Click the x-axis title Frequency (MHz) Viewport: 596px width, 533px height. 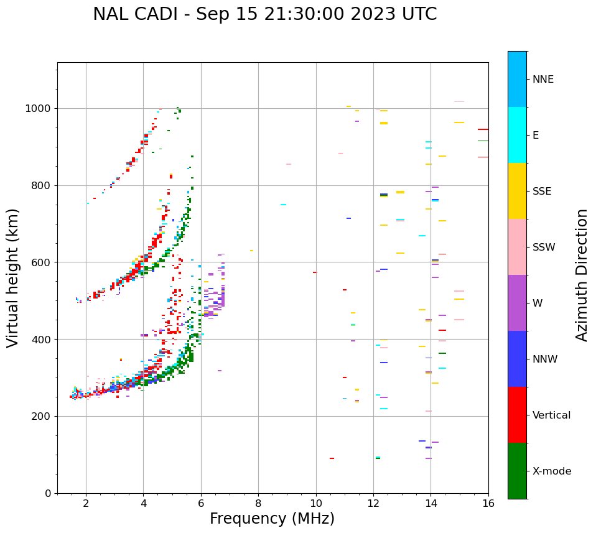tap(272, 519)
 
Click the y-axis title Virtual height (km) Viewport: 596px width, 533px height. tap(13, 277)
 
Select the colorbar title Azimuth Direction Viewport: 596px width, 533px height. tap(582, 275)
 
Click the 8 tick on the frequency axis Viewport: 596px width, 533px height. tap(258, 503)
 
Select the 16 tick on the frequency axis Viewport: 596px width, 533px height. tap(488, 503)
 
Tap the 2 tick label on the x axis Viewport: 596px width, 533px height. tap(86, 503)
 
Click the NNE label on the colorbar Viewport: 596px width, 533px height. tap(542, 80)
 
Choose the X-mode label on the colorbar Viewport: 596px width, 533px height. tap(551, 471)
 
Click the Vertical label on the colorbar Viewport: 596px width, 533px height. tap(551, 415)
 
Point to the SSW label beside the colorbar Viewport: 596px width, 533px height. tap(544, 248)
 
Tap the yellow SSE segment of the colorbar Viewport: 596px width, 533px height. tap(517, 191)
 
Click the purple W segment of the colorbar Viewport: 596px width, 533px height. tap(517, 303)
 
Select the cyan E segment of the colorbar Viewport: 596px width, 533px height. tap(517, 135)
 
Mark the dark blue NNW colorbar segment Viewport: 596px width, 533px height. tap(517, 359)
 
